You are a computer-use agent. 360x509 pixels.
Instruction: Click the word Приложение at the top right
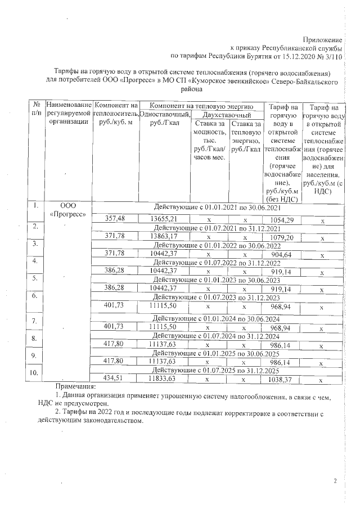tap(322, 40)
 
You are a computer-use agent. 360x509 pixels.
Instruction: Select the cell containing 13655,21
tap(164, 219)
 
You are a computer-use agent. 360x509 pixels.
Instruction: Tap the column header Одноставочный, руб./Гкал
tap(164, 119)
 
